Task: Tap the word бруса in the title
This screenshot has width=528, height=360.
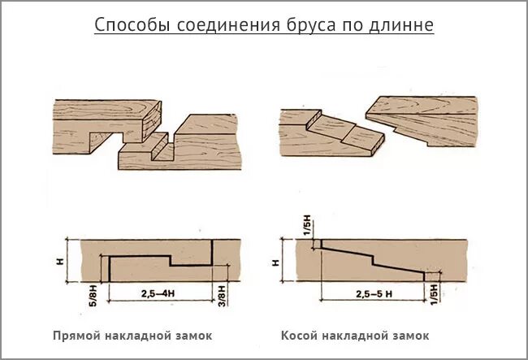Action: (309, 25)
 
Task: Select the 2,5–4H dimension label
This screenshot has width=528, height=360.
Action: (156, 292)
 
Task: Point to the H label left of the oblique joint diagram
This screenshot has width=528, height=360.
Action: (276, 262)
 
